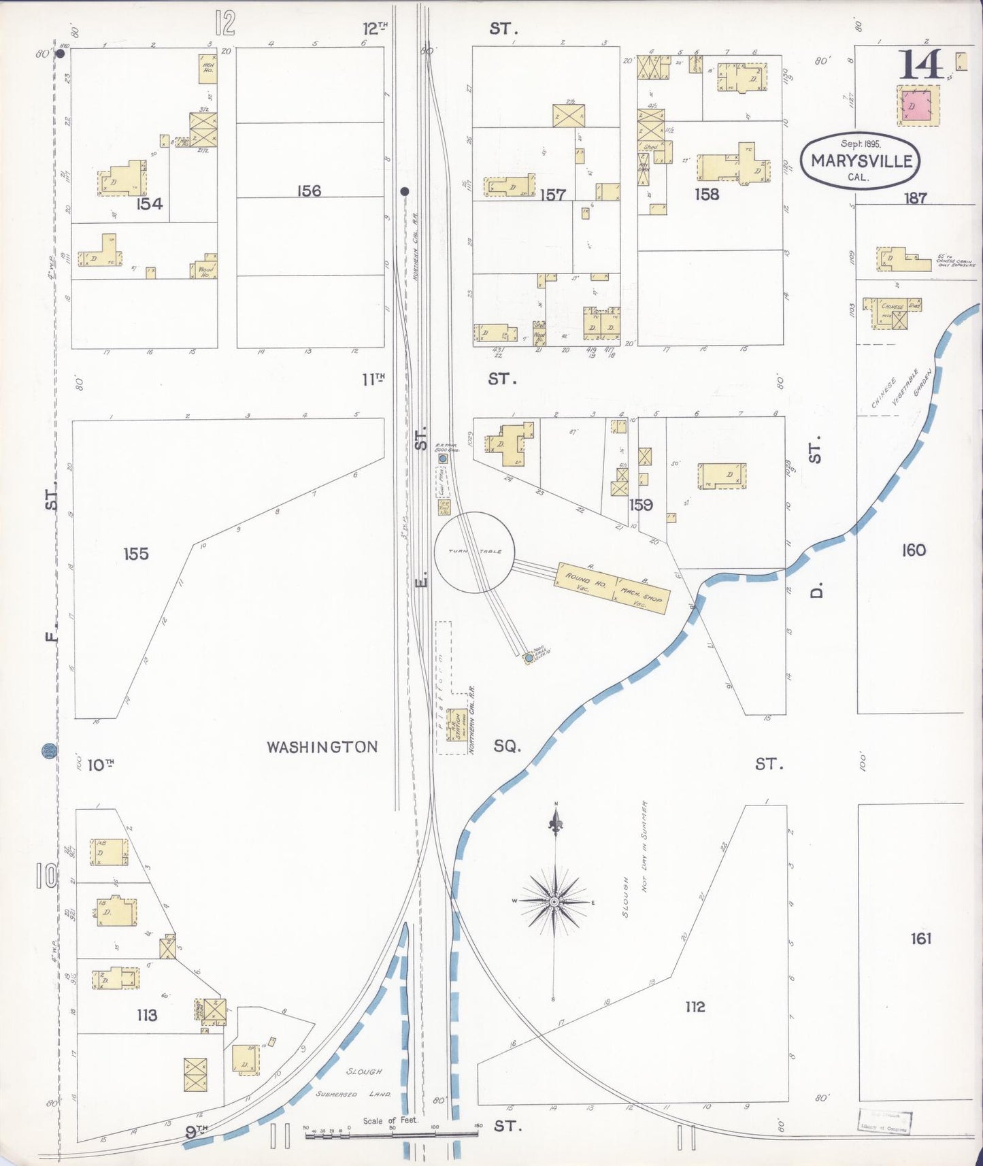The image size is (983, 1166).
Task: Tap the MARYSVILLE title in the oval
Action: pos(861,161)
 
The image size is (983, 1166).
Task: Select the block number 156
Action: pos(309,191)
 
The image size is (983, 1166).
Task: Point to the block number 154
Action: pos(149,203)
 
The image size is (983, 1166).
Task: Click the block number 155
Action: pos(136,554)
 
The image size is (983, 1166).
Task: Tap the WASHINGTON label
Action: pos(322,747)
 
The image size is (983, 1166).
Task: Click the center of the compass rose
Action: pos(555,901)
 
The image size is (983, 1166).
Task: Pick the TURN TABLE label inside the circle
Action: pos(475,551)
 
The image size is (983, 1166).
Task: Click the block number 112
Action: pos(695,1007)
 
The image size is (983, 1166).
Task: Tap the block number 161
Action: pos(920,939)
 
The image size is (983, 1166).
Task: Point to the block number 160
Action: pos(914,550)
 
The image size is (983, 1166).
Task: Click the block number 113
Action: pos(147,1016)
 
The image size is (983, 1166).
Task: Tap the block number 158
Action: pos(707,195)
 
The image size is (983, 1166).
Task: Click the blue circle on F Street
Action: pos(50,751)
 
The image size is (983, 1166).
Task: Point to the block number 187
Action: pos(916,198)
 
